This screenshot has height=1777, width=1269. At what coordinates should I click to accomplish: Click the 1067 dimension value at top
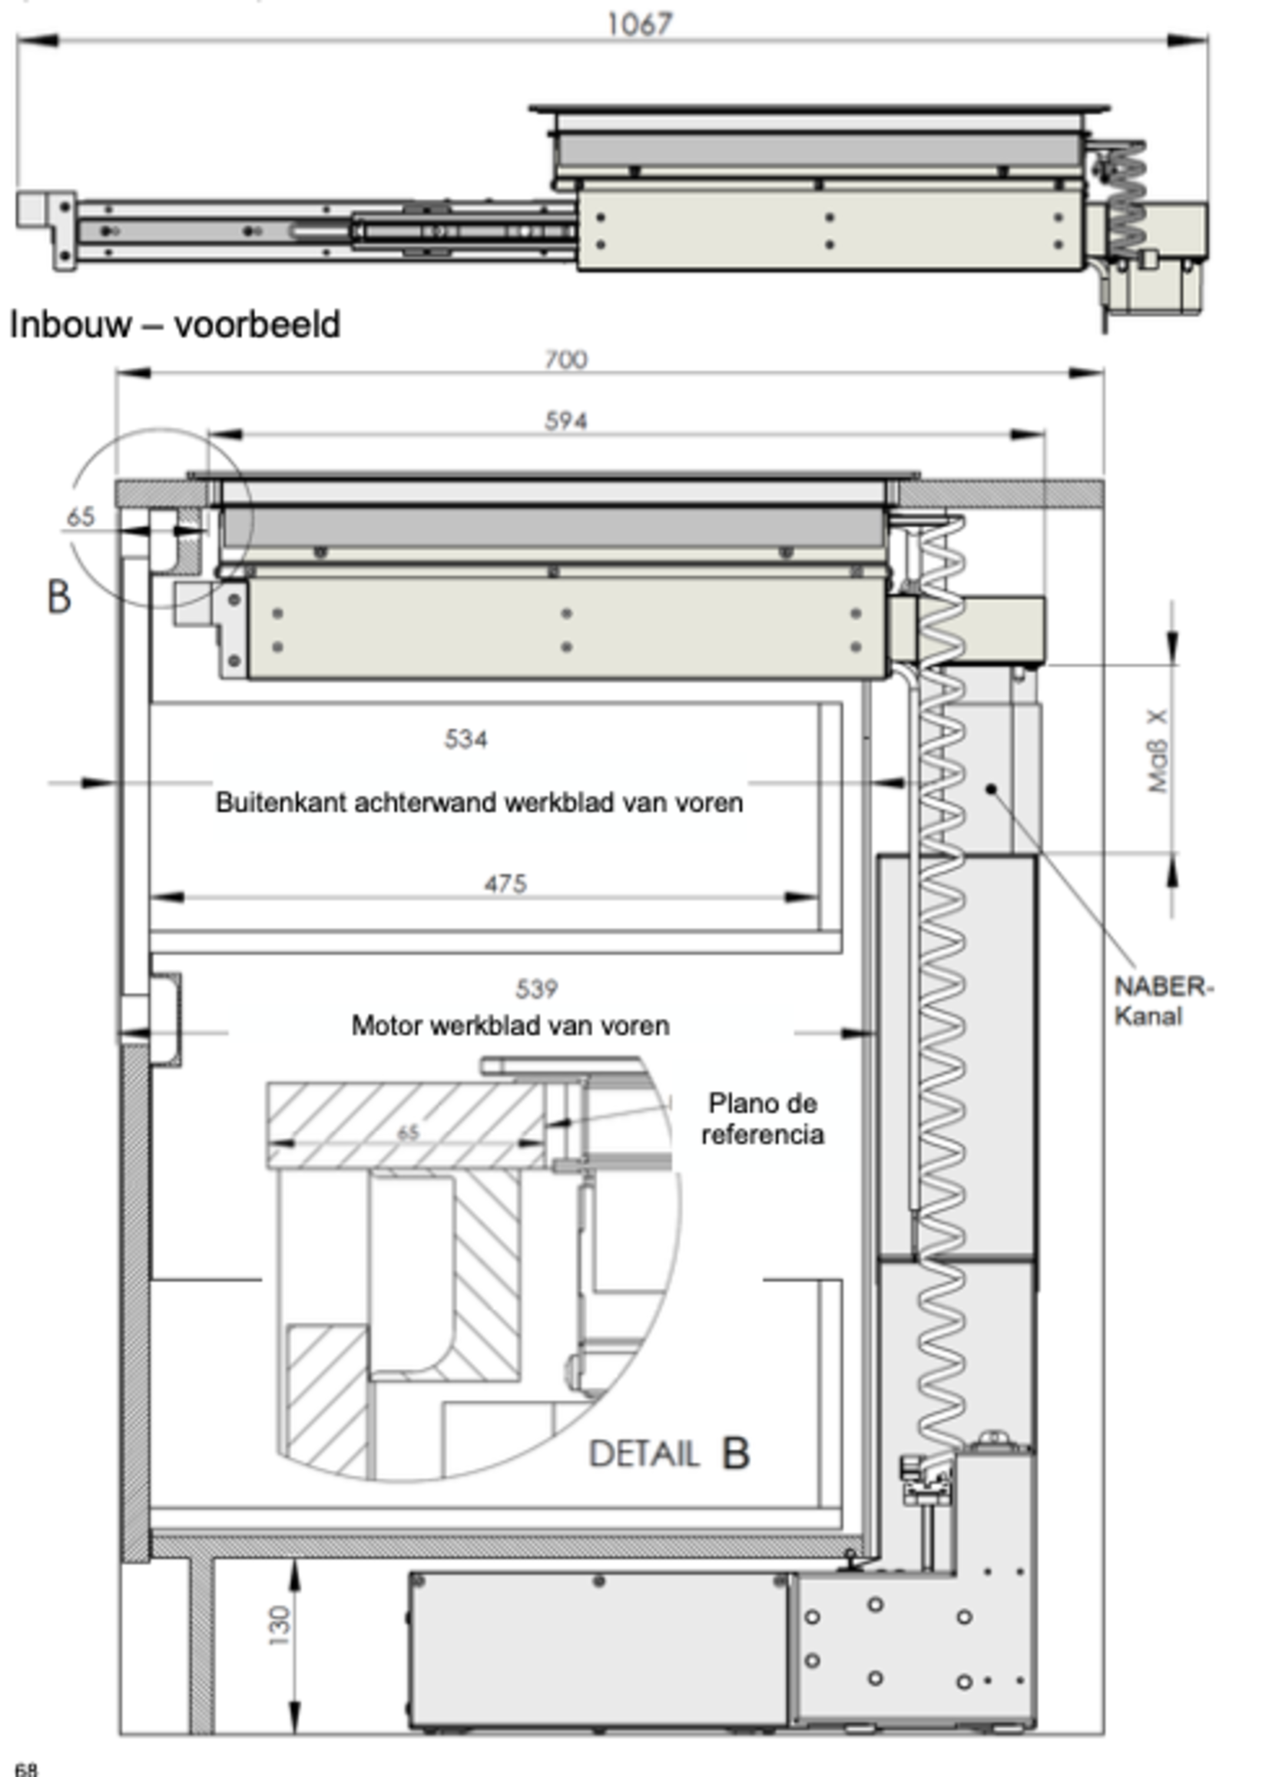coord(639,25)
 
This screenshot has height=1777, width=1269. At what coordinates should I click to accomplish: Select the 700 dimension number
coord(565,360)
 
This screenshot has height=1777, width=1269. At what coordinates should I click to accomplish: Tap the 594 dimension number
coord(565,421)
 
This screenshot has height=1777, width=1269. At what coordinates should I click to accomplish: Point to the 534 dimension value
coord(466,738)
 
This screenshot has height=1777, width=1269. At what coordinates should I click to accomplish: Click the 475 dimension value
coord(505,884)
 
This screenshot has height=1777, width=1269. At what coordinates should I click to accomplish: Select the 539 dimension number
coord(537,990)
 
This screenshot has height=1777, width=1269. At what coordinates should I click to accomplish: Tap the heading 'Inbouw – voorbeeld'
coord(175,324)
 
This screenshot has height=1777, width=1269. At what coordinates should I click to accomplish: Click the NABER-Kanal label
coord(1162,1001)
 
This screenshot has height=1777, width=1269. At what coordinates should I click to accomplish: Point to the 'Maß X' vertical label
coord(1158,751)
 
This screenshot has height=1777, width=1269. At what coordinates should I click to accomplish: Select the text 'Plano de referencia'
coord(762,1119)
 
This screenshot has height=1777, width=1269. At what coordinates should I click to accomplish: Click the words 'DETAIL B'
coord(669,1454)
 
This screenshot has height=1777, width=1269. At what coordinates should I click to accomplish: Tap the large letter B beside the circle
coord(59,598)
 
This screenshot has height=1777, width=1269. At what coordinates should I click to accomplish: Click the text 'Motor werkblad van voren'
coord(510,1026)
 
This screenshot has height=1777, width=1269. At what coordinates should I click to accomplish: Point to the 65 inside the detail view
coord(408,1132)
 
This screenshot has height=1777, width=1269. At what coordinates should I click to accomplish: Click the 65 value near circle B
coord(81,516)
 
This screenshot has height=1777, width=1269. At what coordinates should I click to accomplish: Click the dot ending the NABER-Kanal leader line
coord(992,788)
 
